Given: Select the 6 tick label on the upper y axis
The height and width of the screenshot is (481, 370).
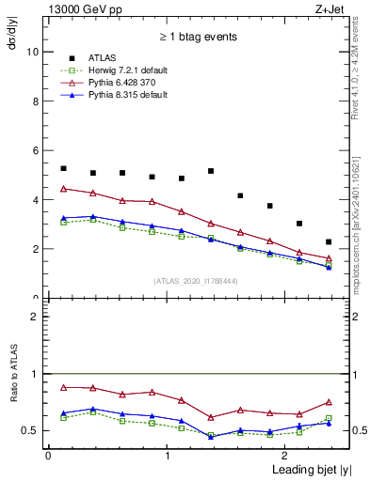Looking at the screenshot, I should pyautogui.click(x=34, y=151).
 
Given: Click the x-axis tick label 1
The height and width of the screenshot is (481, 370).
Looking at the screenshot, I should pyautogui.click(x=167, y=456).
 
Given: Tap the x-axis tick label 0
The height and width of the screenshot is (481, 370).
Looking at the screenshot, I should pyautogui.click(x=48, y=456).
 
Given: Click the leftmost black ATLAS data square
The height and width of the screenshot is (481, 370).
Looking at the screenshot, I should pyautogui.click(x=63, y=169).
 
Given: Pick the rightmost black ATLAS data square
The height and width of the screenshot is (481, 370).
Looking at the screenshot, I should pyautogui.click(x=329, y=242).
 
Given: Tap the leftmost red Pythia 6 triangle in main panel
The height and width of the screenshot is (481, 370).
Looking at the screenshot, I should pyautogui.click(x=63, y=189).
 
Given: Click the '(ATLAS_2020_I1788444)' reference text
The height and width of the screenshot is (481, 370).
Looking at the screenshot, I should pyautogui.click(x=194, y=281).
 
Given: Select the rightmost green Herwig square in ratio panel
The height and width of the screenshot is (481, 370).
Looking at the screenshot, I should pyautogui.click(x=329, y=418).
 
